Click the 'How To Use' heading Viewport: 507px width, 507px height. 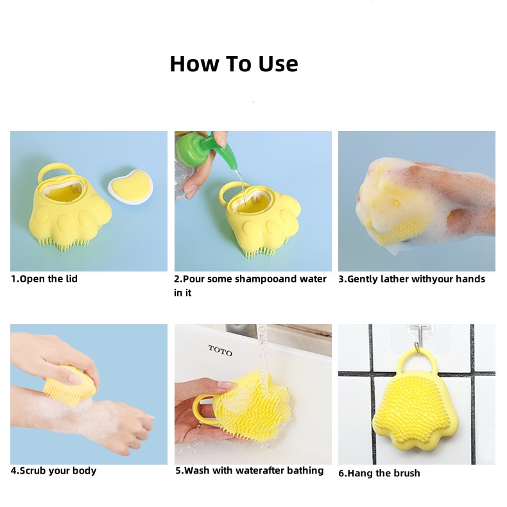click(x=234, y=64)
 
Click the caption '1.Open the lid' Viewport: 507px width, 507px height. click(x=44, y=279)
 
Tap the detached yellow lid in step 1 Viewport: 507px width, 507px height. click(x=131, y=187)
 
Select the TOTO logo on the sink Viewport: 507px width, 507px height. click(x=220, y=350)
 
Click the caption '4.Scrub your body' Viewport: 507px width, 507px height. click(x=54, y=470)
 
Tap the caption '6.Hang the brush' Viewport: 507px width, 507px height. click(x=379, y=473)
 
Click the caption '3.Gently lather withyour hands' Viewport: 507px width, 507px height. click(x=411, y=279)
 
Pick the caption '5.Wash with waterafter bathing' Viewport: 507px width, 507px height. click(x=249, y=470)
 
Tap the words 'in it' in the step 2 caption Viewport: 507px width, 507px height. click(x=183, y=293)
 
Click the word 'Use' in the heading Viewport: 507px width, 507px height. click(x=278, y=64)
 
